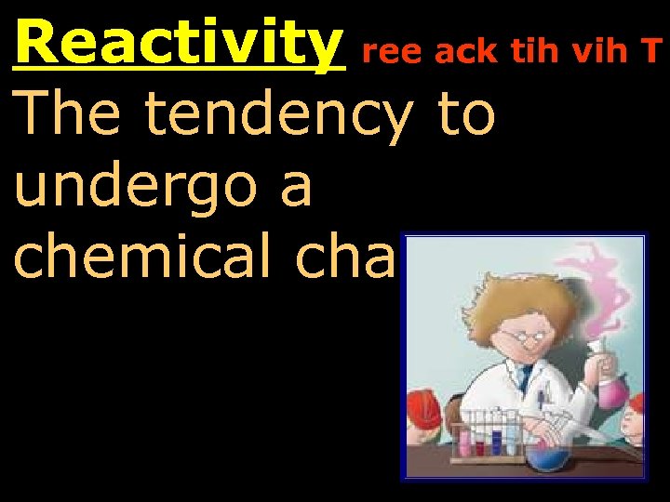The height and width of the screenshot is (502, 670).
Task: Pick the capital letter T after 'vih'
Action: pyautogui.click(x=657, y=54)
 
